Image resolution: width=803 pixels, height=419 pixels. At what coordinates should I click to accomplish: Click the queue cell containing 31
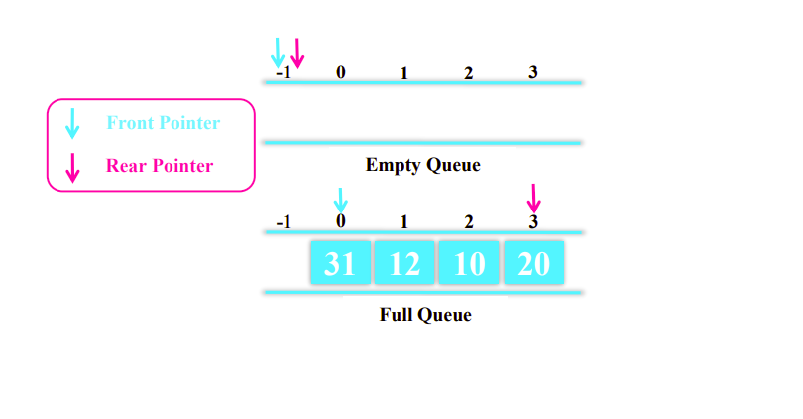[340, 263]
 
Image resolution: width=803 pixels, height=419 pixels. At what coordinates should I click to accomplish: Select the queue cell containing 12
[404, 263]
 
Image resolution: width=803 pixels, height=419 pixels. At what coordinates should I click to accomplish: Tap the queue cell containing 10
[468, 263]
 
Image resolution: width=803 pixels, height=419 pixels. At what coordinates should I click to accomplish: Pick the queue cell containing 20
[533, 263]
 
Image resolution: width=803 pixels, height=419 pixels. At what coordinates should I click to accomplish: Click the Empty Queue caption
[422, 165]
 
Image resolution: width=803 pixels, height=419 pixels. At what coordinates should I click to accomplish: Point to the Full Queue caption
[425, 316]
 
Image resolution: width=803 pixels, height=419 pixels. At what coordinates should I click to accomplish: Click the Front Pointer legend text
[163, 123]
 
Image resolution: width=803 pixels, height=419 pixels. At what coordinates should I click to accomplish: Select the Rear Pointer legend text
[160, 166]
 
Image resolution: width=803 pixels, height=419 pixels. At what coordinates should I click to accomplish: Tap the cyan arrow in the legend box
[71, 124]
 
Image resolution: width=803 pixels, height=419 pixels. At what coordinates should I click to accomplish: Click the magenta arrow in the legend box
[71, 166]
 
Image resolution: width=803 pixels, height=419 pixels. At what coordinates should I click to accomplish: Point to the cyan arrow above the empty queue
[278, 52]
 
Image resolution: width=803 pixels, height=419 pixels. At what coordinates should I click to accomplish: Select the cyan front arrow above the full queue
[341, 200]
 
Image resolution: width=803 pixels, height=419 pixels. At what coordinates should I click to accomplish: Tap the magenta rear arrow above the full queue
[534, 198]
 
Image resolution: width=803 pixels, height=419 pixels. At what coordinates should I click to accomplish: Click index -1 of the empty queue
[284, 72]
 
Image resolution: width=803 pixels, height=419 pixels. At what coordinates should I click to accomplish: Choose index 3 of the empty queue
[533, 72]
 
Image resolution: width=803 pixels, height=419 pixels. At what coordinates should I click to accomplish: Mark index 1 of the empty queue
[403, 72]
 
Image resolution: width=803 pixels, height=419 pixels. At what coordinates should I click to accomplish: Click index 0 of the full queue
[341, 221]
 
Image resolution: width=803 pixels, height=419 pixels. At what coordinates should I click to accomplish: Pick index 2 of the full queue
[468, 221]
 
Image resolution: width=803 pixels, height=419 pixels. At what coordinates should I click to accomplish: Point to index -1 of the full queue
[284, 221]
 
